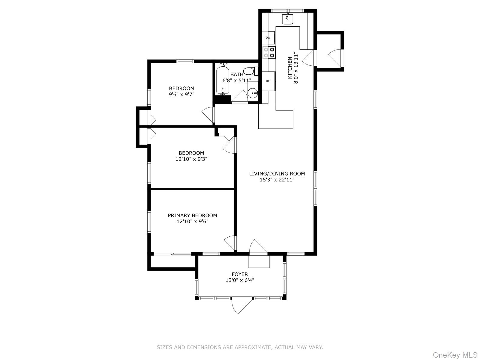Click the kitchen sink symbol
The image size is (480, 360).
pos(287,19)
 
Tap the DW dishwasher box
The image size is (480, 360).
pos(268,38)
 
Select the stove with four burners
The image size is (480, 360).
pos(269,52)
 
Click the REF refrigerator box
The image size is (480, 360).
pos(268,81)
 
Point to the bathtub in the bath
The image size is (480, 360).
pos(223,79)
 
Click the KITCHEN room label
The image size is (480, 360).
pos(290,68)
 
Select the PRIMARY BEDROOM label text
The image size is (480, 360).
pos(192,215)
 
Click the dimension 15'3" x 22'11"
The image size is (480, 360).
pos(277,180)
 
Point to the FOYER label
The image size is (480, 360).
pos(240,274)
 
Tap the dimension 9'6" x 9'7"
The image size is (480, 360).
pos(181,94)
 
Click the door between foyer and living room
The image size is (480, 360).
pos(258,247)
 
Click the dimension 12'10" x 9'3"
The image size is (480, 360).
pos(191,159)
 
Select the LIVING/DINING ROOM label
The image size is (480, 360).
pos(277,173)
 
